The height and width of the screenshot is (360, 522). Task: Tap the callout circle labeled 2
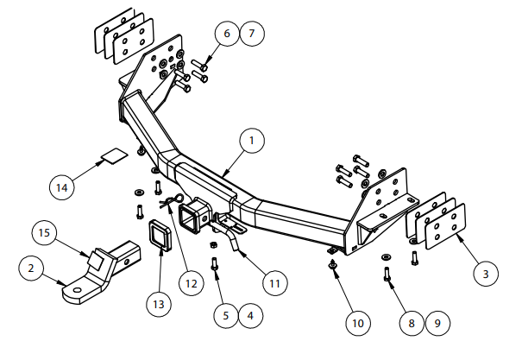coord(32,268)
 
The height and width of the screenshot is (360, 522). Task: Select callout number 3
coord(486,273)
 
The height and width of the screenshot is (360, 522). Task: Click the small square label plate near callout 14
coord(112,156)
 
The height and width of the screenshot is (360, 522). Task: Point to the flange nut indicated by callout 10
coord(333,263)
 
